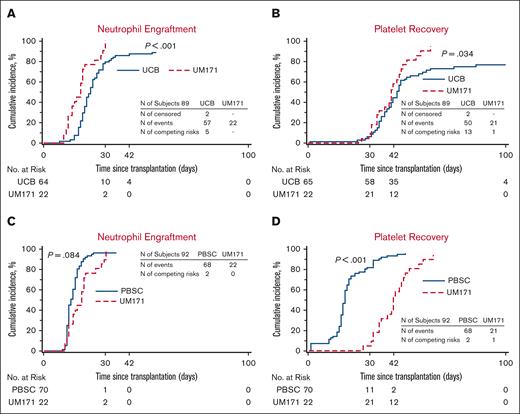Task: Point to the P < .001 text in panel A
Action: coord(160,47)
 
